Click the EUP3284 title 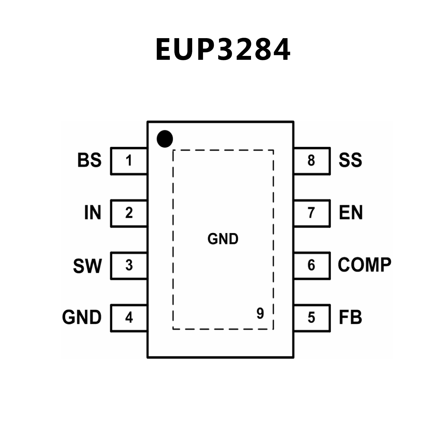click(223, 50)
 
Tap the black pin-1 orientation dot click(165, 139)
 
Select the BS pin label click(89, 160)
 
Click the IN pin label click(93, 213)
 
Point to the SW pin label click(87, 266)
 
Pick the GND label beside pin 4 click(82, 317)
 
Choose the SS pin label click(350, 160)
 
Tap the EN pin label click(351, 213)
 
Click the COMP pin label click(364, 265)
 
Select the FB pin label click(350, 317)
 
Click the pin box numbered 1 click(129, 161)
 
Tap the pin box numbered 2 click(129, 213)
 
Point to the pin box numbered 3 click(129, 266)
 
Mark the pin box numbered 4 click(129, 318)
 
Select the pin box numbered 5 click(312, 318)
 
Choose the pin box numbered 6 click(312, 266)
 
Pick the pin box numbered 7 click(312, 213)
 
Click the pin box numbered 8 click(312, 161)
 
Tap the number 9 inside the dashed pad click(260, 313)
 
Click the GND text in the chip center click(223, 239)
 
